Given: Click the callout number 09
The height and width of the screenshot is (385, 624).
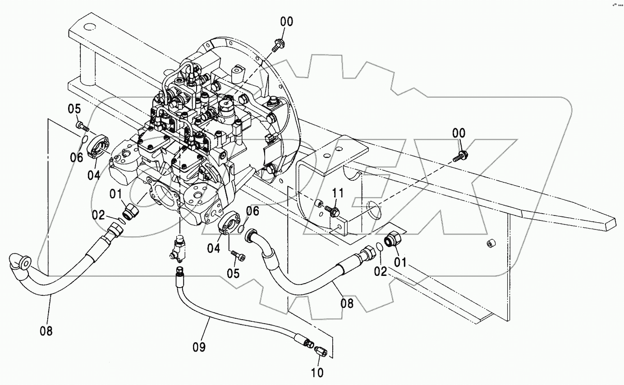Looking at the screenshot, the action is [x=199, y=347].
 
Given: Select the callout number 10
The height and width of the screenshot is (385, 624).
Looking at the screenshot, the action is [x=317, y=372].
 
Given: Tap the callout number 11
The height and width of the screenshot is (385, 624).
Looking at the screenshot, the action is [x=338, y=193].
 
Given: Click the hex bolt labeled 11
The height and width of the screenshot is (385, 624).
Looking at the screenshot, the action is [x=332, y=211].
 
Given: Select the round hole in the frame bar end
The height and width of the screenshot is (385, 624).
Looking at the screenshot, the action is [x=90, y=27].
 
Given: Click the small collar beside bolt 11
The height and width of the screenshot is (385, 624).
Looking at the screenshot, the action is [x=318, y=203].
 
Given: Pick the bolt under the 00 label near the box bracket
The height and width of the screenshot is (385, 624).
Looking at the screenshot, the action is [x=460, y=156].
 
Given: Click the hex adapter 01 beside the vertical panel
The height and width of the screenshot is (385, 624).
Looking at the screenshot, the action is [x=393, y=239].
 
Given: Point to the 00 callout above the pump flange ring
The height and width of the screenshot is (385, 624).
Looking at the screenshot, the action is [x=287, y=22].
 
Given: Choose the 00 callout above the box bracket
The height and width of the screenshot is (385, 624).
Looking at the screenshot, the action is [x=459, y=133].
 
